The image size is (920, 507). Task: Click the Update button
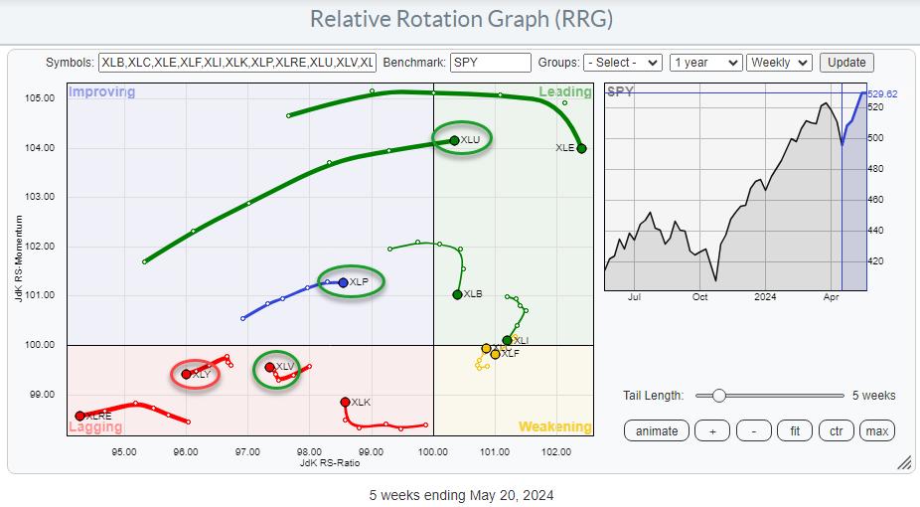pos(846,62)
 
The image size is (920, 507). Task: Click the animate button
pos(657,430)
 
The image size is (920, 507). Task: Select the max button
pos(876,430)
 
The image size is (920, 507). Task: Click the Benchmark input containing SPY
pos(490,62)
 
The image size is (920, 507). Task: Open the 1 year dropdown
pos(705,62)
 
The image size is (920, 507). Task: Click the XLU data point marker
pos(454,140)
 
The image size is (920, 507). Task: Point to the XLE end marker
pos(581,149)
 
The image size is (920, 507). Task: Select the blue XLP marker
pos(343,282)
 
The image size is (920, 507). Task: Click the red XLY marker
pos(187,374)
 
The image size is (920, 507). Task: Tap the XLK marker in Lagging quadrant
pos(345,402)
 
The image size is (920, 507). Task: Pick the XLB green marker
pos(457,294)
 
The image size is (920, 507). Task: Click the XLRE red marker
pos(79,416)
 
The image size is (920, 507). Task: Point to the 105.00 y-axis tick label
pos(40,98)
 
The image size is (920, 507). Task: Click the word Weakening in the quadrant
pos(554,427)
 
